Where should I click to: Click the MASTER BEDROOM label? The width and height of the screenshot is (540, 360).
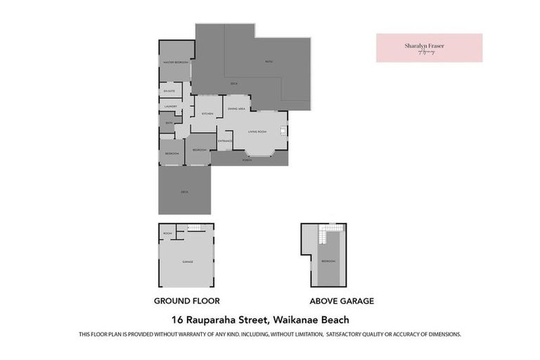point(175,63)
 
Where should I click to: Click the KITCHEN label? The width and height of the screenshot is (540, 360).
point(207,114)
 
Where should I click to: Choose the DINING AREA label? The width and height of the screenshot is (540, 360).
point(236,109)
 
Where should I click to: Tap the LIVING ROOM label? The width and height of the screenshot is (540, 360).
point(257,132)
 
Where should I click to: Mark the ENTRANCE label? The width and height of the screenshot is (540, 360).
point(225,141)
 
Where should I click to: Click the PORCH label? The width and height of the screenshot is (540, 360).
point(247,160)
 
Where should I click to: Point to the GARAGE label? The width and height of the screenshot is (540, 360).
point(188,262)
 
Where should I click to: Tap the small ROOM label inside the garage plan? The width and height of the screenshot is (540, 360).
point(167,233)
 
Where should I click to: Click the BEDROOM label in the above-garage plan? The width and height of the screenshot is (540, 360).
point(328,261)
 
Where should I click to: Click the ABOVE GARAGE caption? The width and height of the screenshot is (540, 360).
point(342,301)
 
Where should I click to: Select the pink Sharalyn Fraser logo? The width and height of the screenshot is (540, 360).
point(429,48)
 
